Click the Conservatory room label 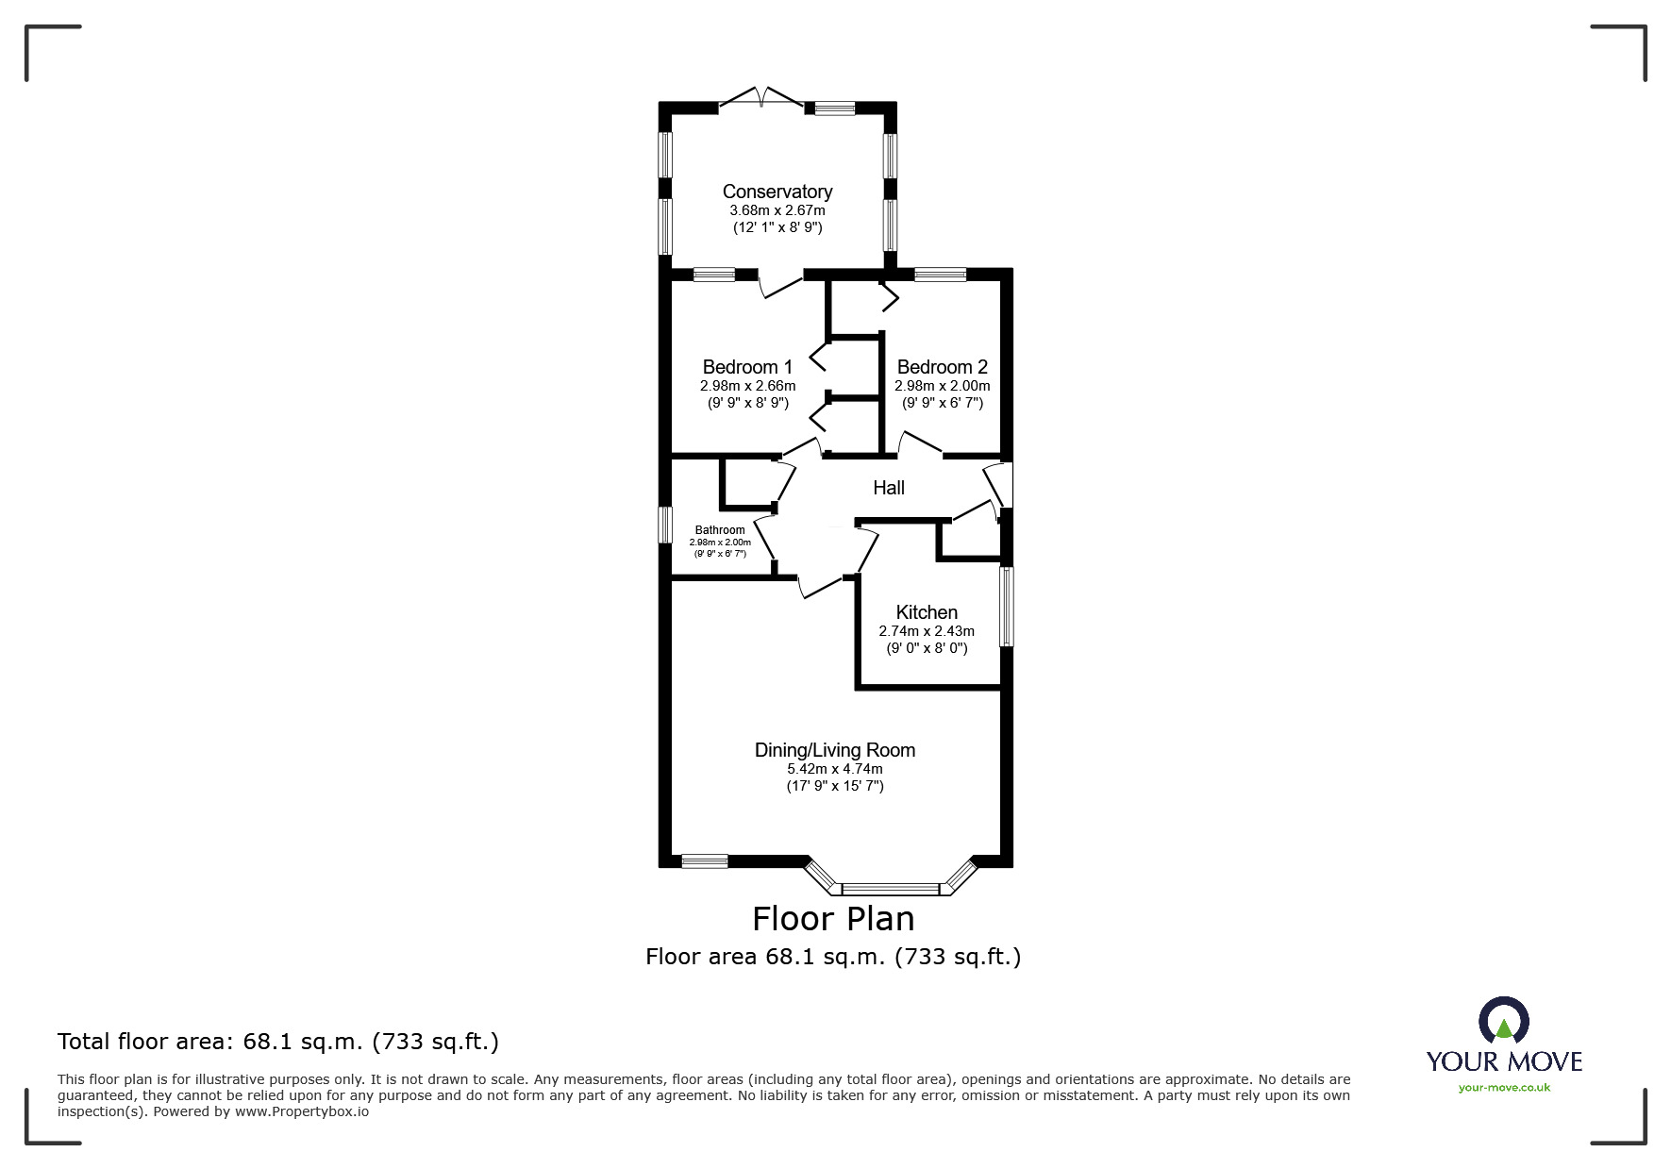click(777, 192)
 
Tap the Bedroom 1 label click(747, 367)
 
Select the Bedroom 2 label click(942, 367)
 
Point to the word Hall click(888, 488)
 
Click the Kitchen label click(926, 612)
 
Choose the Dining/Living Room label click(834, 750)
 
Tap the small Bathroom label click(720, 530)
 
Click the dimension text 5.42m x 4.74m click(834, 769)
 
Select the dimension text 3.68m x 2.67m click(777, 210)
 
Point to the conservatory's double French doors click(760, 97)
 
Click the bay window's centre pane click(890, 889)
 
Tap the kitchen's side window click(1007, 606)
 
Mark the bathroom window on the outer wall click(664, 525)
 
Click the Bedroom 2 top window click(940, 275)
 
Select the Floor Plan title click(833, 918)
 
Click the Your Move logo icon click(1503, 1021)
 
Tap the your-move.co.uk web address click(1504, 1088)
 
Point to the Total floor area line click(278, 1042)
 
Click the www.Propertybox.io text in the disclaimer click(302, 1111)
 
